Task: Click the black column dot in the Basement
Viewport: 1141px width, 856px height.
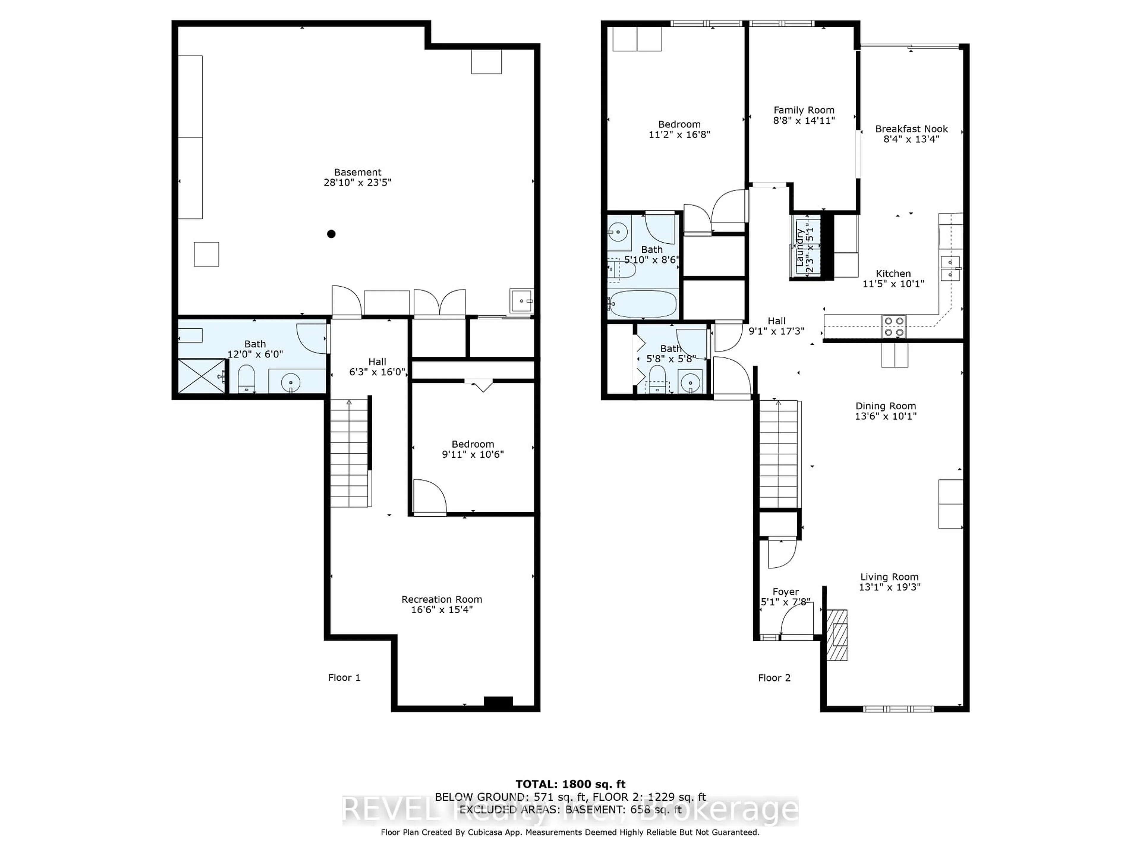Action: pos(331,234)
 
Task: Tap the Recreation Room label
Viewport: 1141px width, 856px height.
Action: pos(442,599)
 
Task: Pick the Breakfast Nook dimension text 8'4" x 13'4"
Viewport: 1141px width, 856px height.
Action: pos(911,139)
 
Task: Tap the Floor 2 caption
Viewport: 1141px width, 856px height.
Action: pos(774,677)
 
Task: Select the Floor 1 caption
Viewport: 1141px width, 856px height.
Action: pos(344,677)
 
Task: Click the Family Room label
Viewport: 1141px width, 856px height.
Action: pos(804,110)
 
